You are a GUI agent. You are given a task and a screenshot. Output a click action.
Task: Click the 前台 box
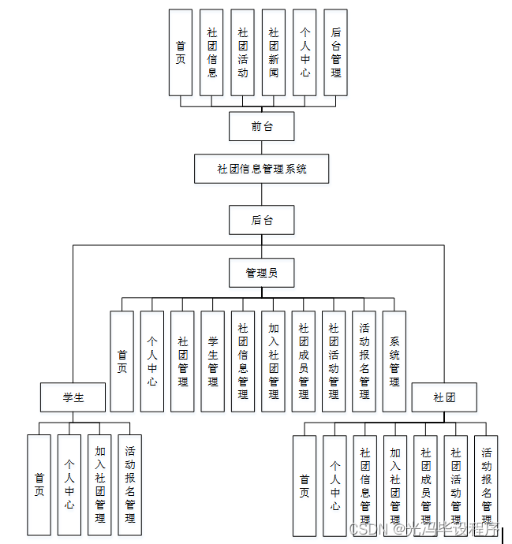click(x=262, y=126)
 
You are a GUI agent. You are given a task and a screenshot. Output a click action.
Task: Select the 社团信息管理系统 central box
click(x=262, y=169)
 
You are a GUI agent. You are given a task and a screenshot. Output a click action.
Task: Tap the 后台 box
click(x=262, y=220)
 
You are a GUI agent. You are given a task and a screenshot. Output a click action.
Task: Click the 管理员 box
click(x=262, y=273)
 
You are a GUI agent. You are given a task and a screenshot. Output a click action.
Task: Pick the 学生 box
click(x=73, y=397)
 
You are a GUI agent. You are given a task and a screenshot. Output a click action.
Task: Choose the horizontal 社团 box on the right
click(x=444, y=397)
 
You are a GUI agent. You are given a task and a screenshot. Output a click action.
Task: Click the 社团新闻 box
click(x=274, y=52)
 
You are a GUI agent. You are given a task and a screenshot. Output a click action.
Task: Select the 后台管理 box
click(x=336, y=52)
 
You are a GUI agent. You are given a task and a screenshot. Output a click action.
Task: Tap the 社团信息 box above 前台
click(x=211, y=52)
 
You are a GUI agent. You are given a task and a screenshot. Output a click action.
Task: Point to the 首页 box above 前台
click(x=181, y=52)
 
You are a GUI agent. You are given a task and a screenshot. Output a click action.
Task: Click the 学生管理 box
click(x=213, y=361)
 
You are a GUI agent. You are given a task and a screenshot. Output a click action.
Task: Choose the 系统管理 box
click(x=394, y=361)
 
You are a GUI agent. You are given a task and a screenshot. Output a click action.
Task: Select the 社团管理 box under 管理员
click(x=183, y=361)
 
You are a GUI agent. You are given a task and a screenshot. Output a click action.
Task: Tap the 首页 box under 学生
click(x=39, y=485)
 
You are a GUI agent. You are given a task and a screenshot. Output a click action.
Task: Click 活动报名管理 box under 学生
click(x=130, y=485)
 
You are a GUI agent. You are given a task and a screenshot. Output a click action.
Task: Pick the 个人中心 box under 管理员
click(x=152, y=361)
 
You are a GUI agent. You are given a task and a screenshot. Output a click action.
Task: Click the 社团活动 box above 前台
click(x=243, y=52)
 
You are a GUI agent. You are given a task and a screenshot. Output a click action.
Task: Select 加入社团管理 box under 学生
click(x=99, y=485)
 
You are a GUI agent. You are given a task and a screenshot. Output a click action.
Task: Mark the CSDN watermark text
click(x=366, y=528)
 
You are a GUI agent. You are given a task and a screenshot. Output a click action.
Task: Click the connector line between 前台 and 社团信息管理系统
click(x=262, y=147)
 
